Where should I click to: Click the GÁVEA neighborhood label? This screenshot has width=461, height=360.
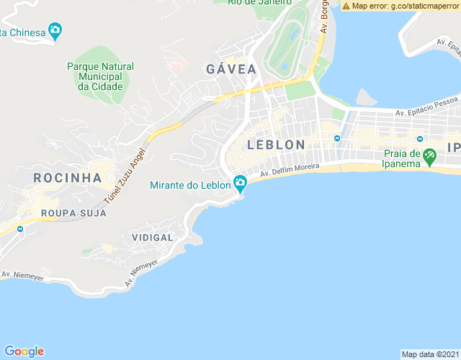[x=231, y=69]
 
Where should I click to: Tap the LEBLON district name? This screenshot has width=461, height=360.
[x=276, y=145]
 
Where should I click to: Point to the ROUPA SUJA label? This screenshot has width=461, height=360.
[x=73, y=213]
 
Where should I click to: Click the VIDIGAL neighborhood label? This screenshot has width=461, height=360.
[x=153, y=238]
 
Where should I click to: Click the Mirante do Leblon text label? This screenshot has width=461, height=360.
[x=190, y=185]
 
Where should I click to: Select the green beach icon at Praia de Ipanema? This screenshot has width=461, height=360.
[x=429, y=155]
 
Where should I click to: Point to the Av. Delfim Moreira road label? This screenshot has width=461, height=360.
[x=290, y=171]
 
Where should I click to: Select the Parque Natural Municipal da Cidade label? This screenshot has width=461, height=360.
[x=100, y=76]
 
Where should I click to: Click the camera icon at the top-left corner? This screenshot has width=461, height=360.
[x=55, y=31]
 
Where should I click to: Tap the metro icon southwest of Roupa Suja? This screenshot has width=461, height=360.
[x=19, y=229]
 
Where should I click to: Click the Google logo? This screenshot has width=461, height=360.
[x=24, y=351]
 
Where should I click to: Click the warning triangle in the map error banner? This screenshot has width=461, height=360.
[x=346, y=6]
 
